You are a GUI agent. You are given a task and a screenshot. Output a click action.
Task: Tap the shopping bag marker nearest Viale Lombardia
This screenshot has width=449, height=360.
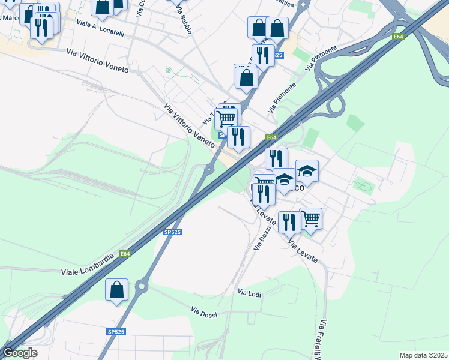116,289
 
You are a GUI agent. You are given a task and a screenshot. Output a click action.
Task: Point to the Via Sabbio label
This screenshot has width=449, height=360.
184,21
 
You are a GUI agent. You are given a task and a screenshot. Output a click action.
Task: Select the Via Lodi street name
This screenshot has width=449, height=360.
250,293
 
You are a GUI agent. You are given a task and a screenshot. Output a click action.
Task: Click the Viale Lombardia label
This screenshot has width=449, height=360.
87,265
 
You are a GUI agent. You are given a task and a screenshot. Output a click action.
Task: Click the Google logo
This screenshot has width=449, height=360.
20,353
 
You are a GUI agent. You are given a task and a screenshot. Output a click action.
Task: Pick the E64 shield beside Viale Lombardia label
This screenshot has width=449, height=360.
124,254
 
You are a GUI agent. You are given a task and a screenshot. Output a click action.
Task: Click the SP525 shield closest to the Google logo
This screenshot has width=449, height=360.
116,332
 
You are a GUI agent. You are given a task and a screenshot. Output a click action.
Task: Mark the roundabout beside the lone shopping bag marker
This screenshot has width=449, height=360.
142,287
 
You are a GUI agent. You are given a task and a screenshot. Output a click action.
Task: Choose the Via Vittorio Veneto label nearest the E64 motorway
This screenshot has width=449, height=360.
190,125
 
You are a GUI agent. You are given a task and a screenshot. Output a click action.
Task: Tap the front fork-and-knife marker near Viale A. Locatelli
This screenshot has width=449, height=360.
41,28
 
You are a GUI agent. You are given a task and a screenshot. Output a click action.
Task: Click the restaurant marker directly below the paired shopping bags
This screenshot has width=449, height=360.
262,56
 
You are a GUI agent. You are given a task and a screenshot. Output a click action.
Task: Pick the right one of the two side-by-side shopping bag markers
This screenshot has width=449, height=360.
277,28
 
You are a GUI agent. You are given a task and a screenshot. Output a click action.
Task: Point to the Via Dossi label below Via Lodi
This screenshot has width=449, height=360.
203,312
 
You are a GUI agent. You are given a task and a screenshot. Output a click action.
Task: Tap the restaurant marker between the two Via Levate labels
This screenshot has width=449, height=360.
290,223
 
